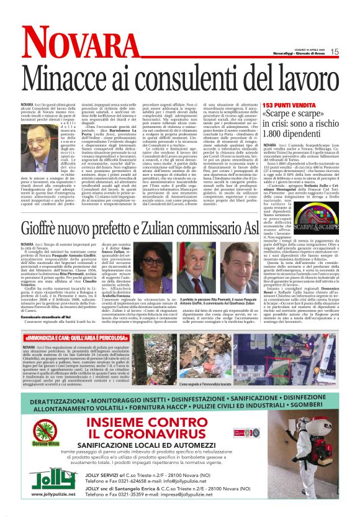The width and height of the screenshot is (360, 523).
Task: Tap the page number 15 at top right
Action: (x=335, y=51)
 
